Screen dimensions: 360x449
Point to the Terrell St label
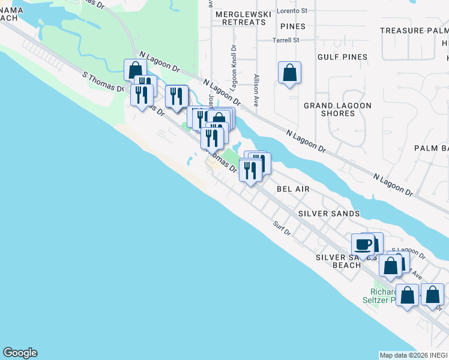point(286,40)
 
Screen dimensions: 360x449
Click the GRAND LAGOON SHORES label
point(337,109)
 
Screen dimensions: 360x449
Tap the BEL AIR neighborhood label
point(293,188)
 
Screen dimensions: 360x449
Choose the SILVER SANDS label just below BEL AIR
point(329,214)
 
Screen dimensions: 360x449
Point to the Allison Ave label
point(257,91)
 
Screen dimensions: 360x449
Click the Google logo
point(20,353)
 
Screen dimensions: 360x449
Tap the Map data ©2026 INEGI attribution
point(414,355)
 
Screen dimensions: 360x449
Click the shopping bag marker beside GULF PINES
point(289,73)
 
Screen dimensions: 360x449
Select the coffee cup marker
point(363,245)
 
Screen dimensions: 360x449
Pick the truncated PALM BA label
point(431,148)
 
